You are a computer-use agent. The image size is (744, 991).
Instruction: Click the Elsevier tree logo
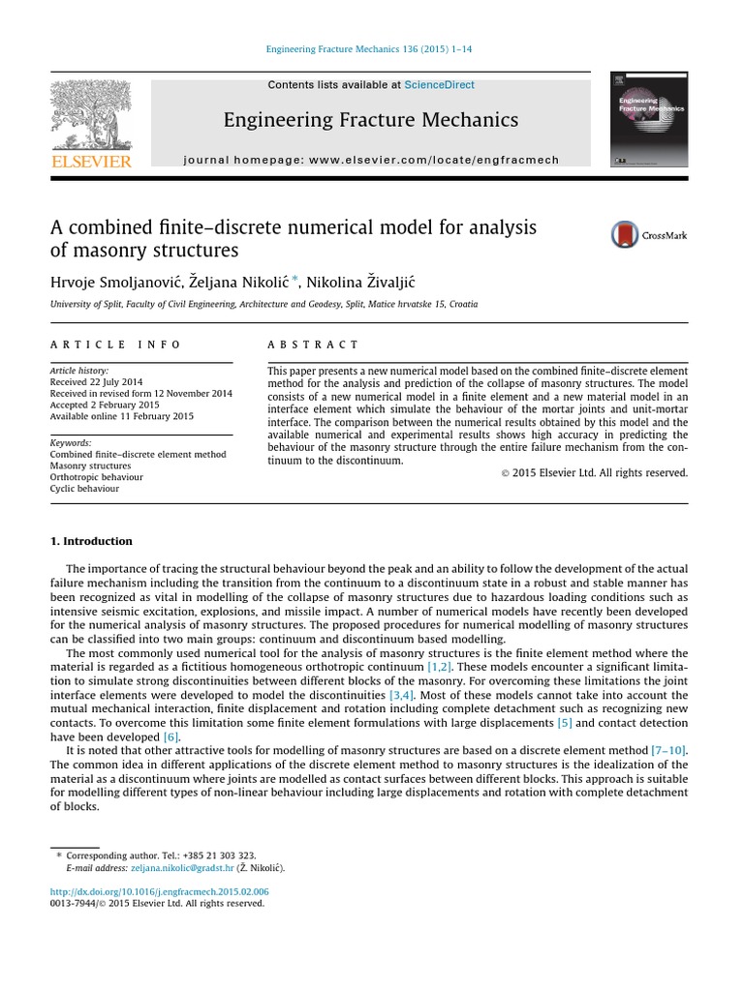tap(91, 114)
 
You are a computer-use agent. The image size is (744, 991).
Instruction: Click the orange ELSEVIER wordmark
tap(91, 162)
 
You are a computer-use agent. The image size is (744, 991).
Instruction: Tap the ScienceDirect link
tap(439, 85)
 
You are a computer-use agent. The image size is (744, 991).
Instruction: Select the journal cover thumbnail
tap(649, 119)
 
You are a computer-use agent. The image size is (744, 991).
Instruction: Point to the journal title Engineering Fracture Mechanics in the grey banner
tap(371, 120)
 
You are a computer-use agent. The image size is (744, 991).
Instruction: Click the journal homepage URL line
tap(371, 160)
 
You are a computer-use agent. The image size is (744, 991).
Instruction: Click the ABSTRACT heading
tap(313, 345)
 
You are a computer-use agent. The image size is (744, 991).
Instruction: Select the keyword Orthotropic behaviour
tap(96, 477)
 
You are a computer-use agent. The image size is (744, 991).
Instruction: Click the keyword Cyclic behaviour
tap(84, 489)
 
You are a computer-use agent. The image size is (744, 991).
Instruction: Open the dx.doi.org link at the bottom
tap(159, 891)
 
